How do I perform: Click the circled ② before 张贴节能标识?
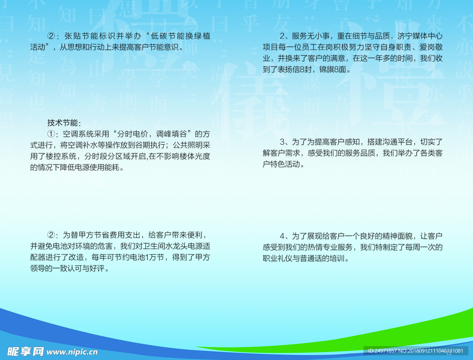click(51, 36)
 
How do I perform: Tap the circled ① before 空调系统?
click(51, 134)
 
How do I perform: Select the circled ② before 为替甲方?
click(51, 235)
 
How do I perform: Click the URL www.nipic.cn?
click(72, 352)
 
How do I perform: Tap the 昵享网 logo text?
click(25, 352)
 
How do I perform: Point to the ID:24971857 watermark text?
click(382, 351)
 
